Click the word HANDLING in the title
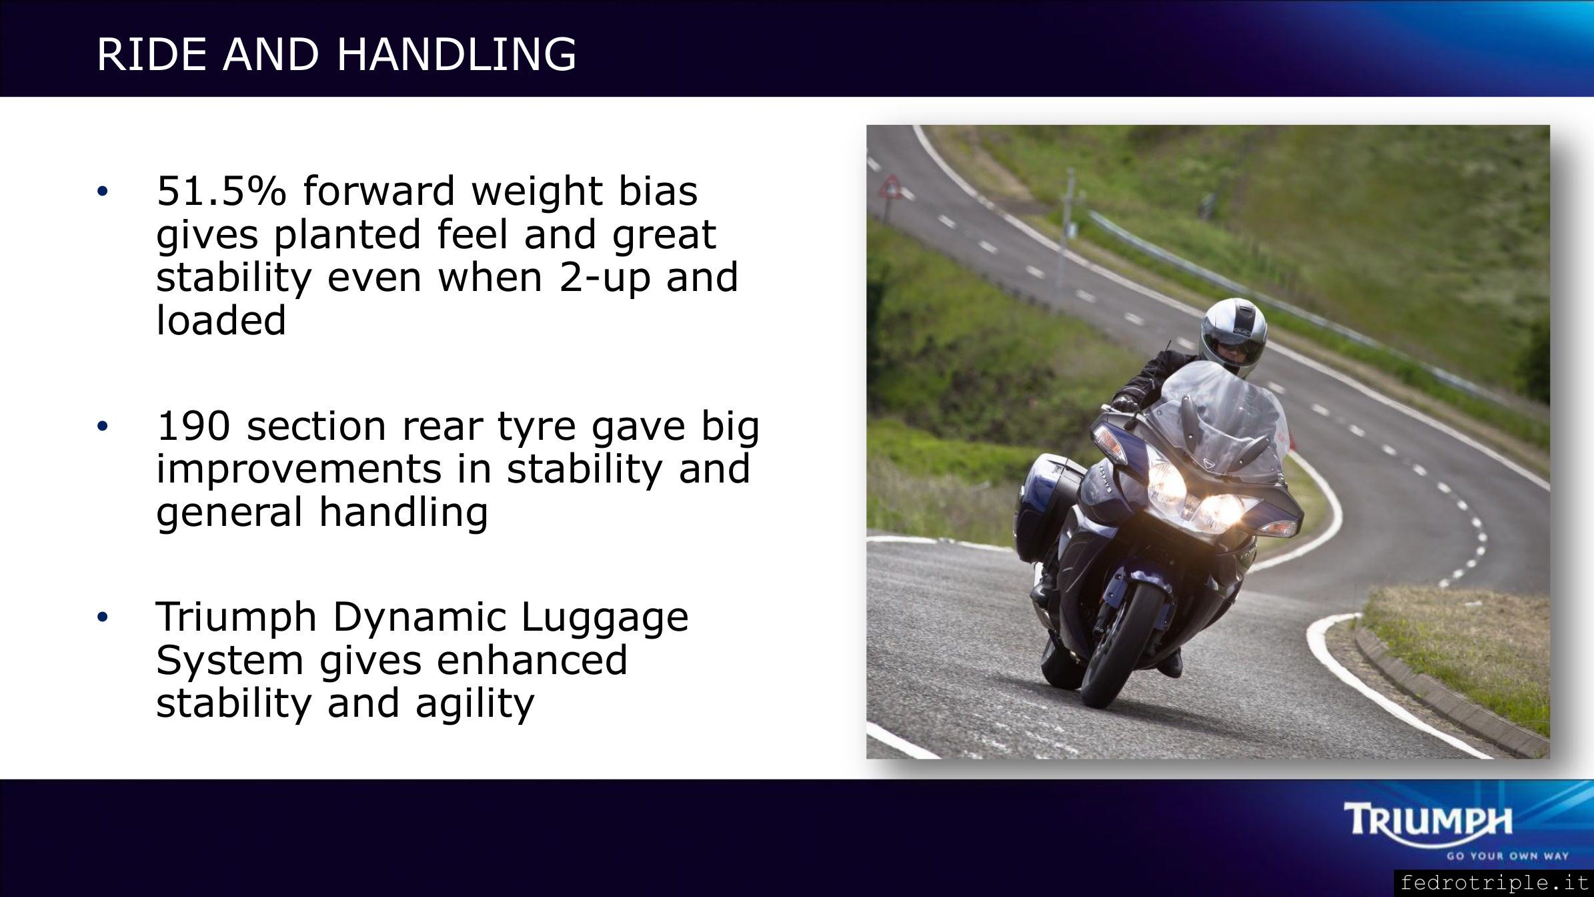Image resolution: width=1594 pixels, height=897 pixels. click(456, 54)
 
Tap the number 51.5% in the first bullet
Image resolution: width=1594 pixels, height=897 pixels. click(221, 191)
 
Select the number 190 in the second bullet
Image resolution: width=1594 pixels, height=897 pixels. click(194, 426)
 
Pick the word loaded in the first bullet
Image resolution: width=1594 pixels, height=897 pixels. click(221, 320)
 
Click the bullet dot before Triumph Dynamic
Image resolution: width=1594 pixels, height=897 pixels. click(101, 618)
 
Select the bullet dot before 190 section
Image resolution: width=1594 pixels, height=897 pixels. click(101, 427)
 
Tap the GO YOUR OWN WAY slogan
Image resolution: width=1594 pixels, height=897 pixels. click(1507, 856)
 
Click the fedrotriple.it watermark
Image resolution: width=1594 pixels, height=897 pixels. click(1495, 883)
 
